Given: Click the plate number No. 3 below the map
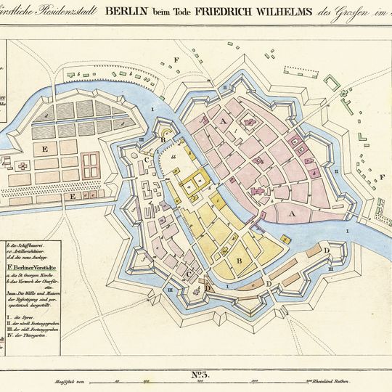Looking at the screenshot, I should tap(200, 375).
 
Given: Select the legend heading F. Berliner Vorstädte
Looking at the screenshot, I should tap(32, 269).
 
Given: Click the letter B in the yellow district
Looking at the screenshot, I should tap(238, 261).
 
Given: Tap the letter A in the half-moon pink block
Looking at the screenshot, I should tap(293, 214).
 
